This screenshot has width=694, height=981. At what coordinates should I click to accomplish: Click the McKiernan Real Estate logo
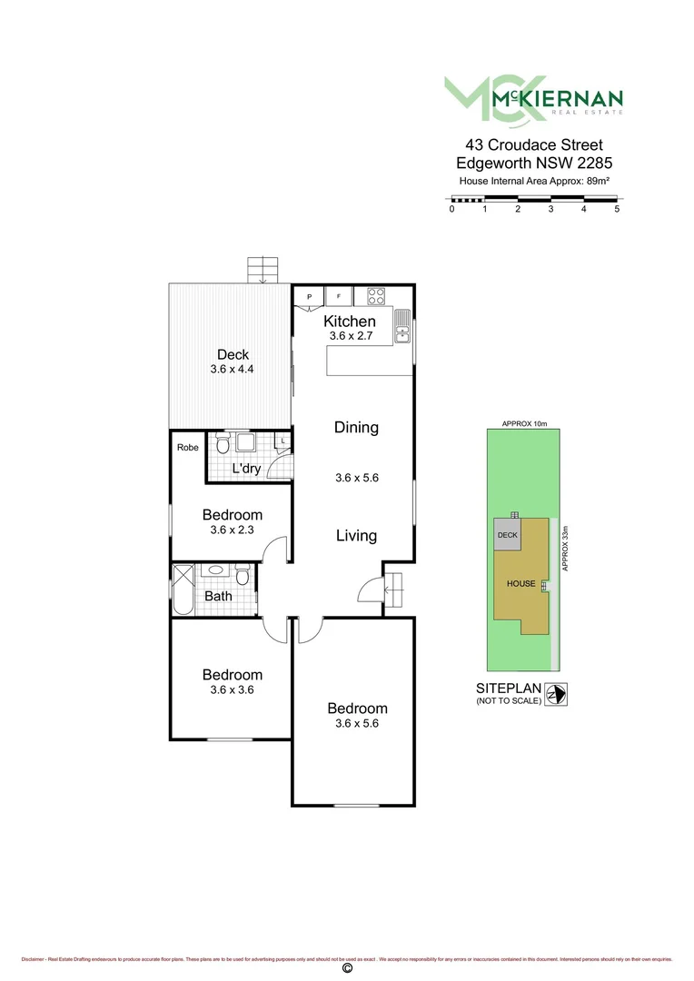[x=533, y=98]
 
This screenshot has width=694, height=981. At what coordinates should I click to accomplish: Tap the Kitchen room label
[x=350, y=321]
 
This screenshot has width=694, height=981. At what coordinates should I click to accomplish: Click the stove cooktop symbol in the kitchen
[x=376, y=296]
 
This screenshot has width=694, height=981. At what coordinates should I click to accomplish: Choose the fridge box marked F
[x=339, y=296]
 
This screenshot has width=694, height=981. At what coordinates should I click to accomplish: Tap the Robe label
[x=187, y=447]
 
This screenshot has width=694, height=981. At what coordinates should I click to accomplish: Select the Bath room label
[x=218, y=597]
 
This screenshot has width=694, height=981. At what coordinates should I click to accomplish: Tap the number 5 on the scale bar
[x=617, y=209]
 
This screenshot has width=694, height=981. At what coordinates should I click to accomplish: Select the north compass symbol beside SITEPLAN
[x=557, y=693]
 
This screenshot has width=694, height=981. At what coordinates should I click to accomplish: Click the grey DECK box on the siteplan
[x=507, y=535]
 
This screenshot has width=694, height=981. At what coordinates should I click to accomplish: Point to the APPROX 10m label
[x=523, y=424]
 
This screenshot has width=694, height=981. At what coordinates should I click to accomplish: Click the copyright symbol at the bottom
[x=346, y=968]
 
